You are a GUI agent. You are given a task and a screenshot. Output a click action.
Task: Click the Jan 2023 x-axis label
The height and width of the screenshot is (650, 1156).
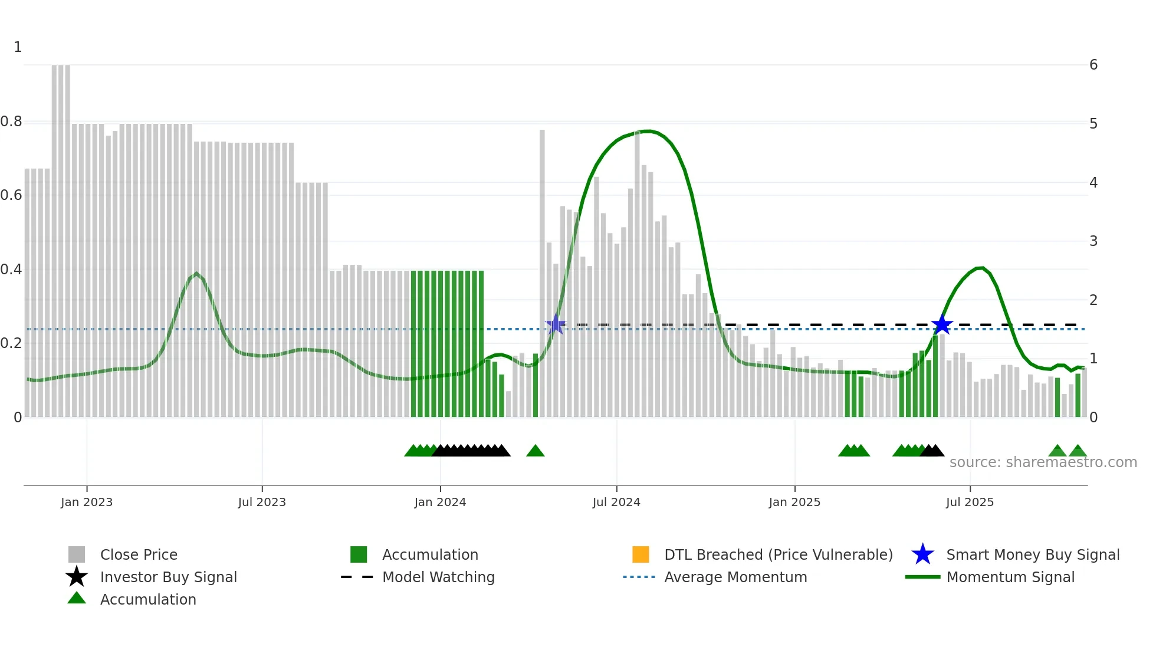click(87, 502)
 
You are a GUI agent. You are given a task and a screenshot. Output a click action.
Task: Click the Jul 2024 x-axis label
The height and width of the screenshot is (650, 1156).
click(616, 502)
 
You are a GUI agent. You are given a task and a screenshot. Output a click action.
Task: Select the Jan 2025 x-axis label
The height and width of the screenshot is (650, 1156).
click(794, 502)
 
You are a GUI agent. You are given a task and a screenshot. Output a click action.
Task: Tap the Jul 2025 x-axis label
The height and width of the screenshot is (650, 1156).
click(970, 502)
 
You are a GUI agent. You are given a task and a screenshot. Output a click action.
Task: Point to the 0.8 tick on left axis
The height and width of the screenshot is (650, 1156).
click(11, 122)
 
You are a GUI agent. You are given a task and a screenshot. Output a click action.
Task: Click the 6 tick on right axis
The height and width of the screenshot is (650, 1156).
click(1093, 65)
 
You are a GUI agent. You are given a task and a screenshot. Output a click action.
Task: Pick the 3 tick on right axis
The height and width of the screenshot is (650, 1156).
click(1093, 241)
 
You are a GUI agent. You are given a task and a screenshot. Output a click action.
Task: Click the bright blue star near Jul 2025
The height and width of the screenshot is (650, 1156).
click(942, 324)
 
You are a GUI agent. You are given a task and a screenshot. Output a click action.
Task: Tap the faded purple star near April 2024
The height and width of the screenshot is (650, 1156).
click(555, 324)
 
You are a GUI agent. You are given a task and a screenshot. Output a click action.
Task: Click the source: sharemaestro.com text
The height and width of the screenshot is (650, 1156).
click(1043, 462)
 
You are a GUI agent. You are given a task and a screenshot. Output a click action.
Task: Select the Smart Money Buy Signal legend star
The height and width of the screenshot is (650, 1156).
click(922, 554)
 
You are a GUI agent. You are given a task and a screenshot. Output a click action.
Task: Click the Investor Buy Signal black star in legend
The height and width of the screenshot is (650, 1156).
click(77, 577)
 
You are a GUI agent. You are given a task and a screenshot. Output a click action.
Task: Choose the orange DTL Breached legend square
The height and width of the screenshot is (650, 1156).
click(641, 554)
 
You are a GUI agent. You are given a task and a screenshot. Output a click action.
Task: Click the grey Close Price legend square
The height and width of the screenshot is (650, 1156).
click(77, 554)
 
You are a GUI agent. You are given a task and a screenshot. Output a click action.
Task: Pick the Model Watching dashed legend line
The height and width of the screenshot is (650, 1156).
click(357, 577)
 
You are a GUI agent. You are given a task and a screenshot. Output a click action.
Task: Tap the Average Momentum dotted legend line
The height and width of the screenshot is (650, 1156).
click(639, 577)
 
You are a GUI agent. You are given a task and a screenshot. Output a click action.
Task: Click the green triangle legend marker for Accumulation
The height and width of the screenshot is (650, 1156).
click(77, 598)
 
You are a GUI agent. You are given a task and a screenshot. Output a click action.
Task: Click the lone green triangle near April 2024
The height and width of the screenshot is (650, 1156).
click(535, 451)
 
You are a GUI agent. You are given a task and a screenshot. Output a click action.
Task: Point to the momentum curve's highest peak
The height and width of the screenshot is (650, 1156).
click(648, 131)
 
